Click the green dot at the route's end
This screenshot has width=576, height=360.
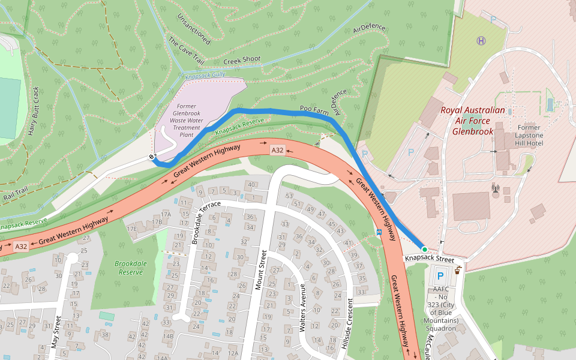click(x=424, y=249)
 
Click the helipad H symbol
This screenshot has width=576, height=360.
click(x=481, y=41)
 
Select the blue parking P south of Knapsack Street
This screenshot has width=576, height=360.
click(x=440, y=277)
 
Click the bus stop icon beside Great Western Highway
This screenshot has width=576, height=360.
click(x=379, y=231)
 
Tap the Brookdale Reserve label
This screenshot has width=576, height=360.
click(x=130, y=268)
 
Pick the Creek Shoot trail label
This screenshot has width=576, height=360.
click(x=242, y=60)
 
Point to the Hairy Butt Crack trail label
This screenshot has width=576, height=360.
click(x=33, y=111)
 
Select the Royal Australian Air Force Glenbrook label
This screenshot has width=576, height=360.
click(x=473, y=120)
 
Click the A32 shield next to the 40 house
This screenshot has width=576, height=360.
click(x=277, y=150)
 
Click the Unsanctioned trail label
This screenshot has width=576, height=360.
click(x=194, y=28)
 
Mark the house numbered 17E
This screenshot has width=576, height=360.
click(x=132, y=229)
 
